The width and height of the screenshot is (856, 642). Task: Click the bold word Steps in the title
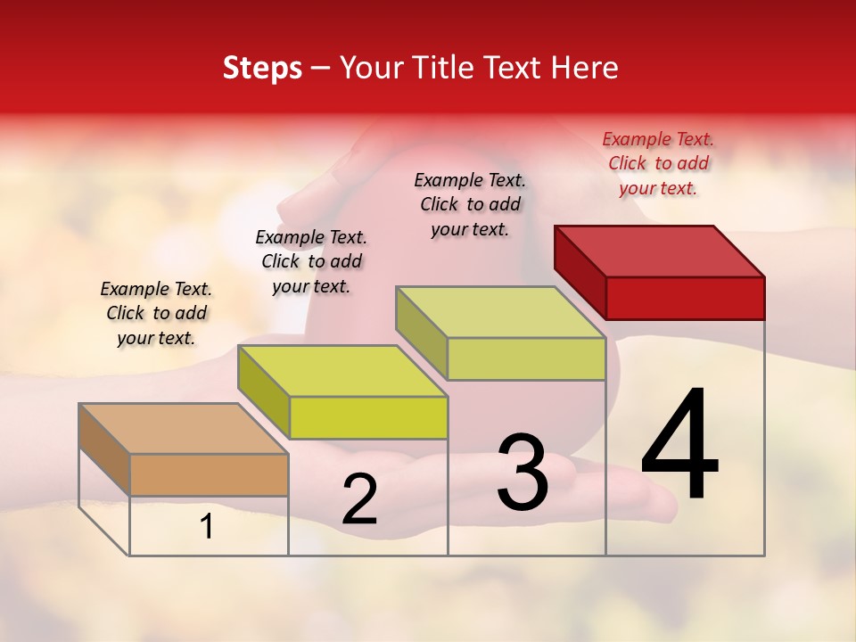[262, 68]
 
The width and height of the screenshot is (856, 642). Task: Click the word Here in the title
[586, 68]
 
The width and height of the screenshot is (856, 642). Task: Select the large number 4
[680, 445]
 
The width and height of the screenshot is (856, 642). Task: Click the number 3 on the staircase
[523, 472]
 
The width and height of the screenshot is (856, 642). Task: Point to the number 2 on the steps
[359, 499]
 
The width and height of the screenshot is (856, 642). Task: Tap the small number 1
[207, 527]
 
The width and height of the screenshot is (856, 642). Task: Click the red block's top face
[660, 251]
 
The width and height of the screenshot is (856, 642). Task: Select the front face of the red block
[685, 298]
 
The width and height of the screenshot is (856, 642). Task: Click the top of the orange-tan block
[183, 428]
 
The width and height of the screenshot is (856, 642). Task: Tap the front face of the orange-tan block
[209, 474]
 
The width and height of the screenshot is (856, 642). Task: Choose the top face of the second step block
[342, 370]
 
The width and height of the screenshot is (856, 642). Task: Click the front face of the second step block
[368, 417]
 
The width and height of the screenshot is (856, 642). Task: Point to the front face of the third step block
[526, 359]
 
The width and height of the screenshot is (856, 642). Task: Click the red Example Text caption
[658, 163]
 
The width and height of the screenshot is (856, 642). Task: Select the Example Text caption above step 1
[156, 313]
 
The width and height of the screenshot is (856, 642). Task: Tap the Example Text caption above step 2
[311, 261]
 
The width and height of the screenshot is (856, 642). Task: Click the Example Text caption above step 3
[470, 204]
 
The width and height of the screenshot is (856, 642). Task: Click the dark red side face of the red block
[580, 272]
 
